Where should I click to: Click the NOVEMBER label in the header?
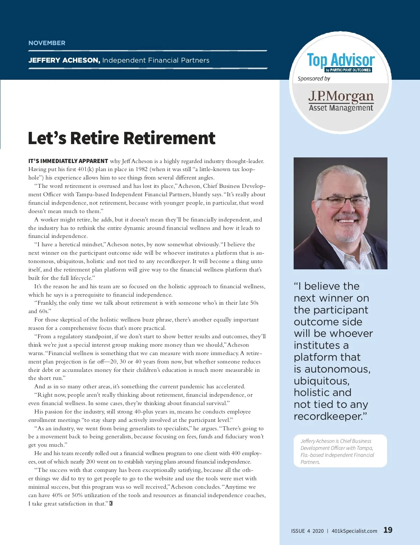[47, 43]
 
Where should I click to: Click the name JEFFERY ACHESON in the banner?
[64, 60]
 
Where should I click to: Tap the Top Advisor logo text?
[341, 60]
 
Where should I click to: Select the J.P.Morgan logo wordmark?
[341, 96]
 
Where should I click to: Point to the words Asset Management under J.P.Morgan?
[341, 108]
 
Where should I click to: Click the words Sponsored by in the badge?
[314, 79]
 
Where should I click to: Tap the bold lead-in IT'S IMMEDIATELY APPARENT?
[68, 161]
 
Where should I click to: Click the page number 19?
[388, 530]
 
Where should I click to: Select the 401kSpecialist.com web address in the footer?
[354, 531]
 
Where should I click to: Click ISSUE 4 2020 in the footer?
[307, 531]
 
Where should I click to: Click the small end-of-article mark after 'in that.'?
[111, 503]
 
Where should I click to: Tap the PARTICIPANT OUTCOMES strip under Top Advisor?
[348, 70]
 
